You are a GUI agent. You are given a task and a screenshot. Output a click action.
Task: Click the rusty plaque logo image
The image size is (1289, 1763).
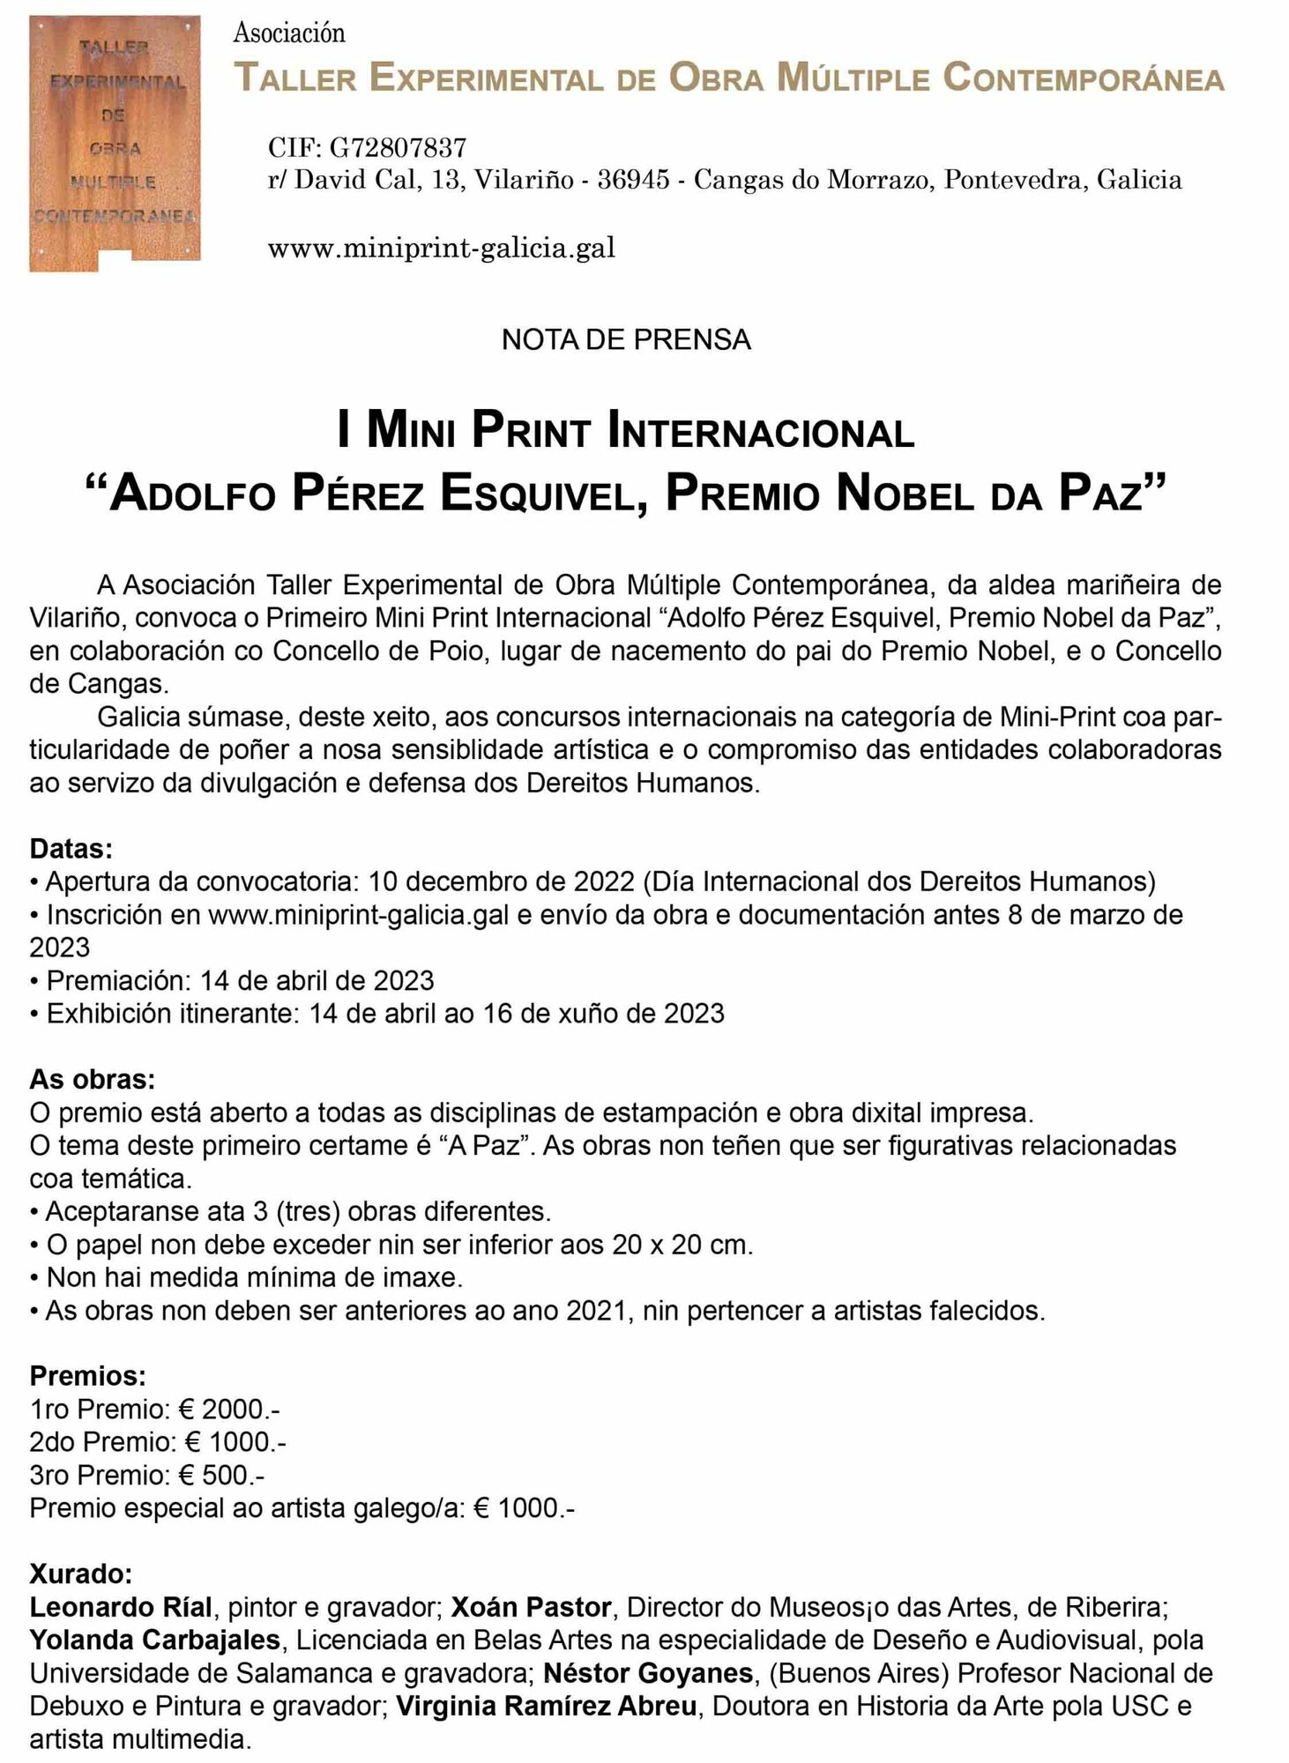tap(115, 143)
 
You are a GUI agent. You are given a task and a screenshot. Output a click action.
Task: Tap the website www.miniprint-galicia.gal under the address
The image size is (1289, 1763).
tap(441, 248)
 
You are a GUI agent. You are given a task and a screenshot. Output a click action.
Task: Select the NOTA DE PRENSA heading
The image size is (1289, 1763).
tap(626, 339)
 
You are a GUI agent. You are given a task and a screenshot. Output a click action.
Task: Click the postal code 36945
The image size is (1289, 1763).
tap(633, 180)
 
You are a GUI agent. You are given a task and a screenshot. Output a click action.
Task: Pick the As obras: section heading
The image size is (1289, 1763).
tap(93, 1079)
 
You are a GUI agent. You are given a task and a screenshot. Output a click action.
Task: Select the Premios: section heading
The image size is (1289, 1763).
tap(88, 1375)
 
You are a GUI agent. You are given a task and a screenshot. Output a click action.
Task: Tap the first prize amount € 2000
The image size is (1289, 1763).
tap(228, 1409)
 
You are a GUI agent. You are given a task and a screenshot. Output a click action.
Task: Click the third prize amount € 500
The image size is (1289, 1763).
tap(220, 1475)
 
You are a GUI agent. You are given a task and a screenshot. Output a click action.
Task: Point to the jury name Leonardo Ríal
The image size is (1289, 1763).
tap(121, 1607)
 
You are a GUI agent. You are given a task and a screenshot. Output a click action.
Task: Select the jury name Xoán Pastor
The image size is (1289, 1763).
tap(531, 1607)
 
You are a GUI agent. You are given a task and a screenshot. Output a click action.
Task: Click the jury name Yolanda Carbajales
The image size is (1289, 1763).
tap(155, 1640)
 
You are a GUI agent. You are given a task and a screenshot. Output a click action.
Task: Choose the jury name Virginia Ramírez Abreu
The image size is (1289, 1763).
tap(547, 1707)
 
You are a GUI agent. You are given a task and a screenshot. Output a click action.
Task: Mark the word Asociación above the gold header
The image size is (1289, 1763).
tap(289, 33)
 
